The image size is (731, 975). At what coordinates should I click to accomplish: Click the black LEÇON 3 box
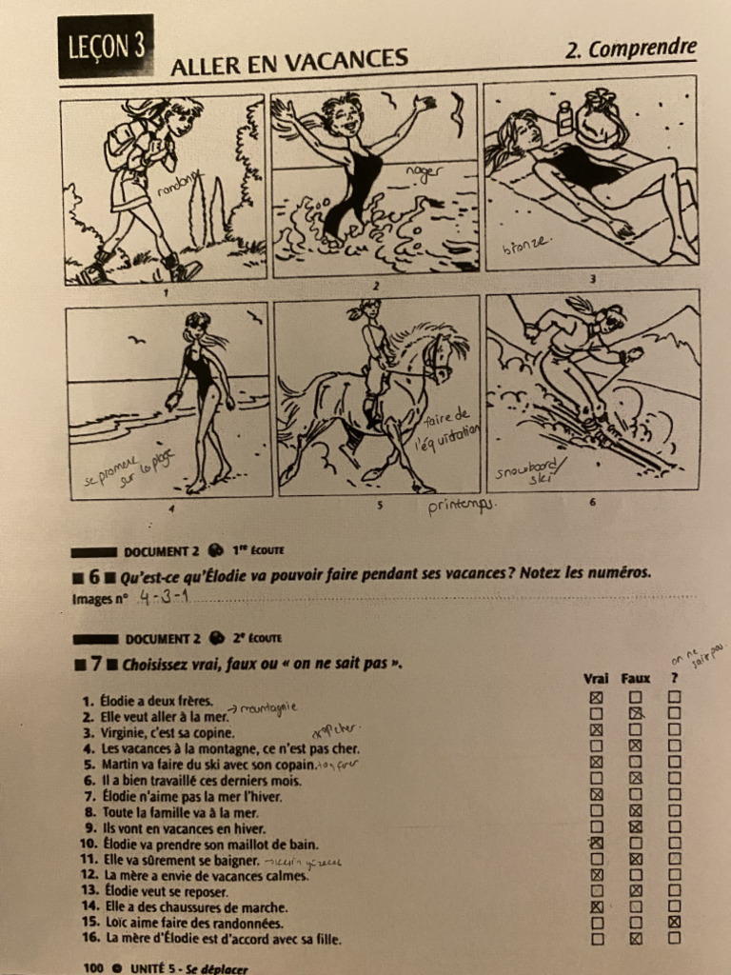[106, 46]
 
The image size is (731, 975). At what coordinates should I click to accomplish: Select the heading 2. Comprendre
[630, 49]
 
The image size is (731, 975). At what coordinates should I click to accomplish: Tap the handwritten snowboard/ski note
[531, 470]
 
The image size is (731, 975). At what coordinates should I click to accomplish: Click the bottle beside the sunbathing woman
[565, 118]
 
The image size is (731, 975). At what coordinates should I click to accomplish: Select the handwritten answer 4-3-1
[164, 597]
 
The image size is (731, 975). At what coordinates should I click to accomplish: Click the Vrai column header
[596, 679]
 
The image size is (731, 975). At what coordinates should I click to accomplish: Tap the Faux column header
[635, 679]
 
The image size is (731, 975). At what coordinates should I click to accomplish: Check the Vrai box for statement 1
[597, 698]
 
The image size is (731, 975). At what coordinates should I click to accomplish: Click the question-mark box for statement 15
[674, 922]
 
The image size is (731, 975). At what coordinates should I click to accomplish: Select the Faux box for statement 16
[636, 938]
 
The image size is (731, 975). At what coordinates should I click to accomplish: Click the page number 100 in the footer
[93, 968]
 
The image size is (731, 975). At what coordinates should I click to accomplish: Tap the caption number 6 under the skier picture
[591, 502]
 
